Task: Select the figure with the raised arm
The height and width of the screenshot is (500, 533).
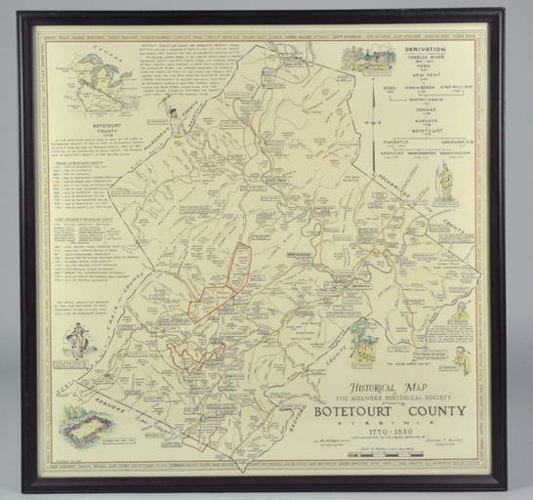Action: [x=173, y=117]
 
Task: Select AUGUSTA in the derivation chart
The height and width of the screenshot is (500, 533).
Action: [x=427, y=125]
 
